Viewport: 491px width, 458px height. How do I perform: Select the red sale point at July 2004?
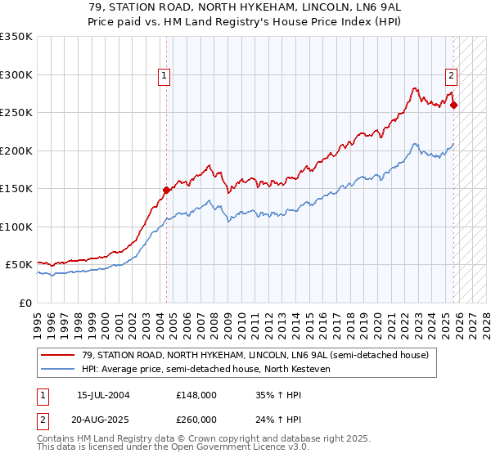[x=166, y=190]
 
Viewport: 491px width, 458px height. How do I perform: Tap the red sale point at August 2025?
[x=454, y=105]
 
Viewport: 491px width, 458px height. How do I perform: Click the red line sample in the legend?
[x=58, y=355]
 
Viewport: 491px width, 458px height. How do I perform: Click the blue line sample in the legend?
[x=58, y=369]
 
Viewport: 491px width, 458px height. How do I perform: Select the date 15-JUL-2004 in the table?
[x=105, y=394]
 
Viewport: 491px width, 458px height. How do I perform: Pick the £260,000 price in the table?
[x=196, y=421]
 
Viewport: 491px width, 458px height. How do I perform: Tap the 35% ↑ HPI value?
[x=278, y=394]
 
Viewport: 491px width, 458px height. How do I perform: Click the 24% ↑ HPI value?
[x=278, y=421]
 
